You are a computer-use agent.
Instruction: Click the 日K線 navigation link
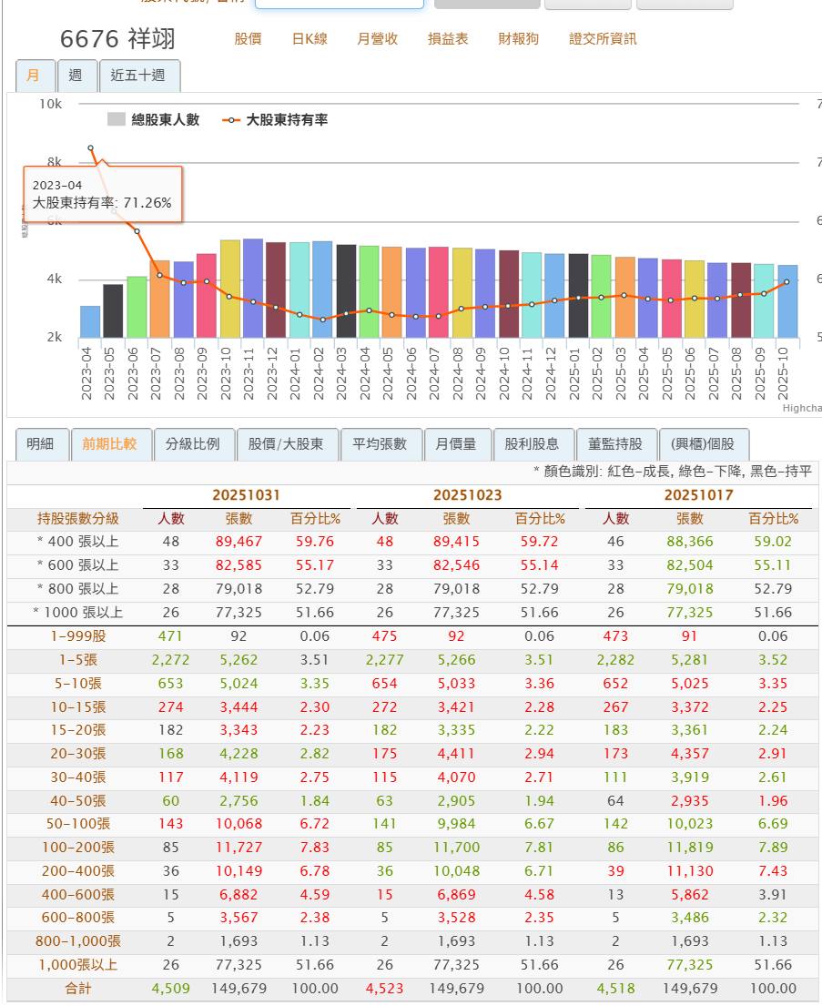(310, 39)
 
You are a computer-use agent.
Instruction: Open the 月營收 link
(377, 39)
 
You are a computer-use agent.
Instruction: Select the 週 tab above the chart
(76, 76)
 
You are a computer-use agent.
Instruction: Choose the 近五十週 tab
(137, 76)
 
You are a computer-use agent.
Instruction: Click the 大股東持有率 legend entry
(276, 119)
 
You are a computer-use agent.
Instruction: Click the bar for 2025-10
(787, 300)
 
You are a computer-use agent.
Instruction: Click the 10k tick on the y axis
(50, 105)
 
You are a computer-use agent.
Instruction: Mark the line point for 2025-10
(786, 282)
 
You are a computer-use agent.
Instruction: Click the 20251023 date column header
(467, 495)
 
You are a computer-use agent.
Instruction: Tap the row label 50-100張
(77, 824)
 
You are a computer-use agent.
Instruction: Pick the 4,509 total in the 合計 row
(170, 988)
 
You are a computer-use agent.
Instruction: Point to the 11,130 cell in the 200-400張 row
(689, 871)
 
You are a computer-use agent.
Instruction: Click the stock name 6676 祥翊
(117, 39)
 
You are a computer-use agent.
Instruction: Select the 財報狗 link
(518, 39)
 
